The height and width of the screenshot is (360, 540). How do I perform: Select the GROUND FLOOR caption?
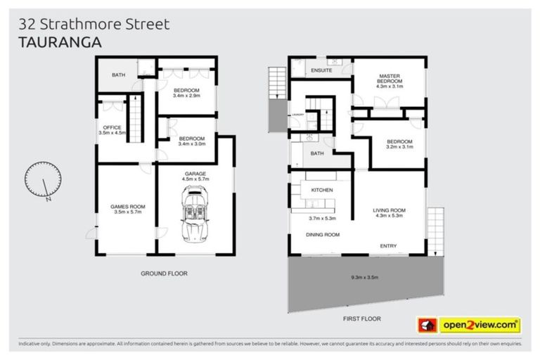[164, 274]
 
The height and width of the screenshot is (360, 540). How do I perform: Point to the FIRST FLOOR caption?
[361, 319]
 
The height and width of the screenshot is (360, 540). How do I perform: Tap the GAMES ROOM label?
[127, 206]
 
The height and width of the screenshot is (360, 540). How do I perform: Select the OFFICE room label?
[112, 127]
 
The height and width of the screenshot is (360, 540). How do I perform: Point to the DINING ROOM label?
[322, 235]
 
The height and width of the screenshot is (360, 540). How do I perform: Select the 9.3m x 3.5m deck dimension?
[365, 278]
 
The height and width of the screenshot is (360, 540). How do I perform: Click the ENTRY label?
[388, 245]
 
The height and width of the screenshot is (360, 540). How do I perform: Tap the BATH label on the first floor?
[317, 153]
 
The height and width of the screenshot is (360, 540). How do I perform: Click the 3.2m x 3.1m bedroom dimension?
[399, 148]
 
